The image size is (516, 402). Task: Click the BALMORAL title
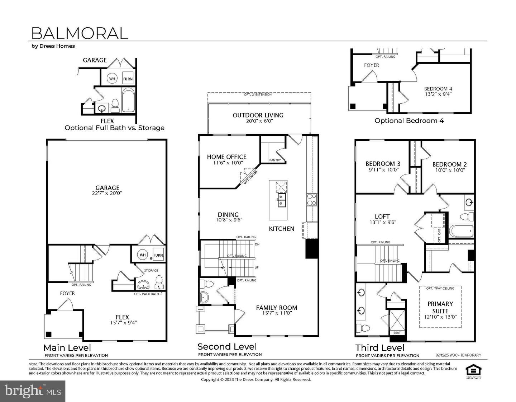[80, 33]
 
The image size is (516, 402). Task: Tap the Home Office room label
[226, 157]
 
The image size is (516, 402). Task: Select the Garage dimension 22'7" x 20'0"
[107, 193]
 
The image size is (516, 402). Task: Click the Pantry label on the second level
[275, 160]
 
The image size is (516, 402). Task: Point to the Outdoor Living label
[258, 115]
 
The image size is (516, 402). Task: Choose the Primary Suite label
[440, 307]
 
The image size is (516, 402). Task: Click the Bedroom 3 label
[383, 164]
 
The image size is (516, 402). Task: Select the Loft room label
[382, 216]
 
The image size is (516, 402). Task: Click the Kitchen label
[281, 229]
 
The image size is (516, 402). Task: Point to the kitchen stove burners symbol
[311, 200]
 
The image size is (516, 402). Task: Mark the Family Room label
[276, 308]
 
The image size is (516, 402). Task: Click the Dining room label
[228, 215]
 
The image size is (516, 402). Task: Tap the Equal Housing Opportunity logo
[473, 370]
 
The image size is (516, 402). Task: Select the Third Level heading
[380, 347]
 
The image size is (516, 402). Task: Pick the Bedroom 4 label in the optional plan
[438, 89]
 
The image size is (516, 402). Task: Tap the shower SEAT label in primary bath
[397, 333]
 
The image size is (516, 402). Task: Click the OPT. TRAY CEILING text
[440, 288]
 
